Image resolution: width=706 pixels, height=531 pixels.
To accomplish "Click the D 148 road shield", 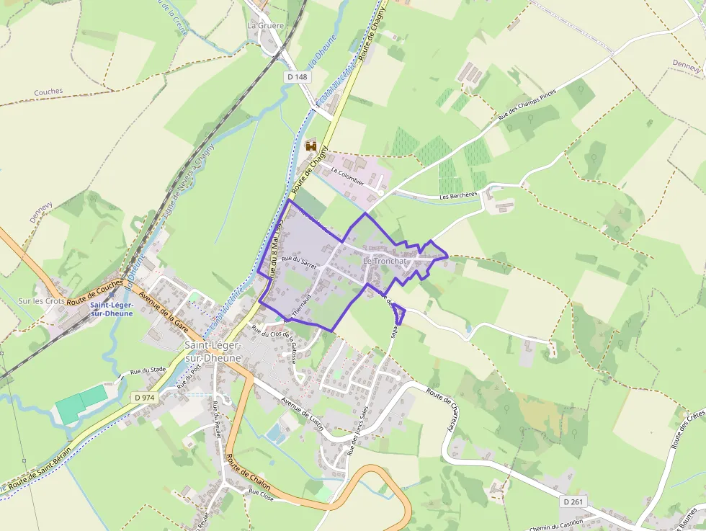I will [297, 76].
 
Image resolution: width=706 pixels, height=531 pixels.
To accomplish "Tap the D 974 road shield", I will [144, 397].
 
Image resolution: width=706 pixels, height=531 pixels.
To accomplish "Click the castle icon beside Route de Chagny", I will [311, 146].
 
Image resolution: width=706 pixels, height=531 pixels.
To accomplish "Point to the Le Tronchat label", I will [385, 260].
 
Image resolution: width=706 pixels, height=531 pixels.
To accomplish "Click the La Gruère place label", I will [266, 25].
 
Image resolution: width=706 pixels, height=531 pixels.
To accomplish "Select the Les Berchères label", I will [458, 195].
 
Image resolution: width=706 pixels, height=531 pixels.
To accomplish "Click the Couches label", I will [48, 92].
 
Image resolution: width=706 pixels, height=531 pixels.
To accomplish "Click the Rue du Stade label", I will [148, 372].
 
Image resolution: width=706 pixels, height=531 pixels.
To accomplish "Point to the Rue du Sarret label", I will [299, 261].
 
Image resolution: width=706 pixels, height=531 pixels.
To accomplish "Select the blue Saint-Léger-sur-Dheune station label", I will [112, 309].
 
